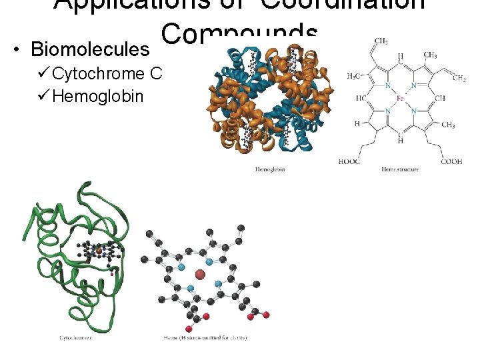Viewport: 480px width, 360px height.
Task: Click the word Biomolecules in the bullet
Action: tap(91, 50)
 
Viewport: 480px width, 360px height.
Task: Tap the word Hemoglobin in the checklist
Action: tap(97, 97)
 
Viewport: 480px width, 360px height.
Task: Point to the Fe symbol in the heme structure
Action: tap(400, 98)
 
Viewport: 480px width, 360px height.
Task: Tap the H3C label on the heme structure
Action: tap(355, 75)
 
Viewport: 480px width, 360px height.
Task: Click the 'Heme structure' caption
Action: tap(400, 170)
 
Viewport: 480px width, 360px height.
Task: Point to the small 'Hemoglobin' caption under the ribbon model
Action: tap(270, 170)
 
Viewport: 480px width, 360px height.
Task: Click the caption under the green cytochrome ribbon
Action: tap(75, 338)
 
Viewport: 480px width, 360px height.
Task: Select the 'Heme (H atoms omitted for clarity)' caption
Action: tap(205, 338)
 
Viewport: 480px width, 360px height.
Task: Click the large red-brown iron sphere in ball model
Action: tap(200, 274)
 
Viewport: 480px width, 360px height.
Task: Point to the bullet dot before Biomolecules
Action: tap(16, 50)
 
